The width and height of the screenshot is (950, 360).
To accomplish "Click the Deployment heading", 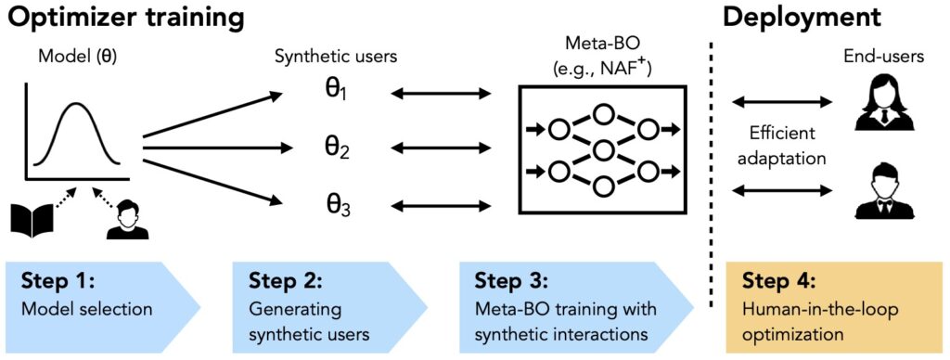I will click(x=805, y=18).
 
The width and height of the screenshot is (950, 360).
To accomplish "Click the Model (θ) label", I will click(x=77, y=56).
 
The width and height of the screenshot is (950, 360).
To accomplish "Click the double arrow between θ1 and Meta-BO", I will click(x=441, y=94).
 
